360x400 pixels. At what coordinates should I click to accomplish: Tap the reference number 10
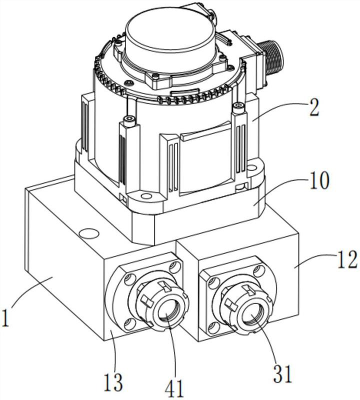[319, 180]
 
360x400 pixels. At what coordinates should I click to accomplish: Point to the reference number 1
[5, 318]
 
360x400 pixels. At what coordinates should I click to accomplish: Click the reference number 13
[114, 382]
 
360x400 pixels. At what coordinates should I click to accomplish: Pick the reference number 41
[173, 389]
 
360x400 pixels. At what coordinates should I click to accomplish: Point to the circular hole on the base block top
[89, 233]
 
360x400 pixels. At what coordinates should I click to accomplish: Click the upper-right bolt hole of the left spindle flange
[175, 266]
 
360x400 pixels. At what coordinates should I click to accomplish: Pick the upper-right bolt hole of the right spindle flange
[259, 269]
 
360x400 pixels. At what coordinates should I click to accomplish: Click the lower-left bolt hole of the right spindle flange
[212, 327]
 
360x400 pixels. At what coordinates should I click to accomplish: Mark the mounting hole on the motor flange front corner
[145, 196]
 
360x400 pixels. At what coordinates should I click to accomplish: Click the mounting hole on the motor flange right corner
[251, 167]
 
